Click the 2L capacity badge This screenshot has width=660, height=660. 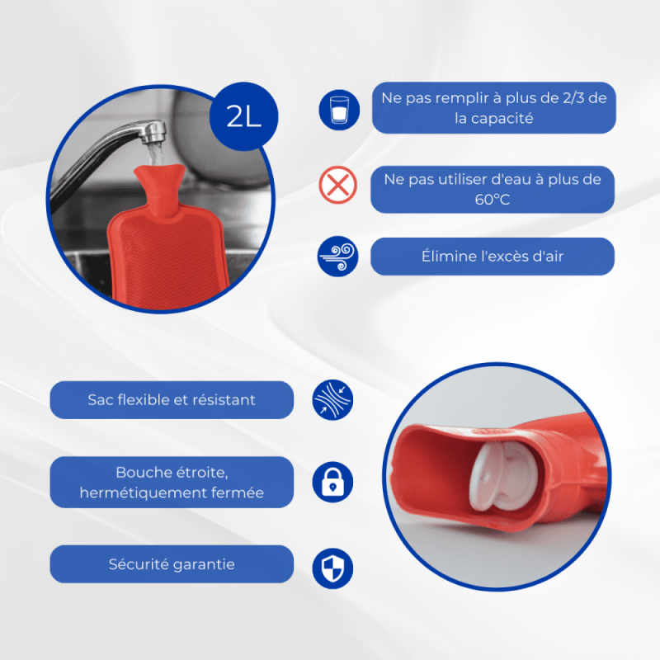tap(243, 116)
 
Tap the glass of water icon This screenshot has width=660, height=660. tap(339, 110)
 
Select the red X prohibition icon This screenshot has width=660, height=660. tap(337, 185)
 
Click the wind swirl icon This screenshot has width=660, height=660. tap(337, 257)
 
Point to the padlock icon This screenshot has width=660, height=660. tap(332, 482)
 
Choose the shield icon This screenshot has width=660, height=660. tap(332, 568)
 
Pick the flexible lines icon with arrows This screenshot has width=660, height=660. tap(332, 400)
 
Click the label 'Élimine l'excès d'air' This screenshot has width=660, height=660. tap(493, 257)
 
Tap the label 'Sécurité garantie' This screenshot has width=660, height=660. tap(172, 564)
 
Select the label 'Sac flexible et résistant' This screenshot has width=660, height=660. tap(172, 400)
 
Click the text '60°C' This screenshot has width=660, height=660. tap(492, 199)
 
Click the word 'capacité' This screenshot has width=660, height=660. tap(502, 118)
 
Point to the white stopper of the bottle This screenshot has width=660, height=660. tap(503, 476)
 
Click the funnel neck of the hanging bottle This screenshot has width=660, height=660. tap(160, 187)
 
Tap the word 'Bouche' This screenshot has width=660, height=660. tap(142, 472)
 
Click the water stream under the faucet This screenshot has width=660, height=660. tap(156, 154)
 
